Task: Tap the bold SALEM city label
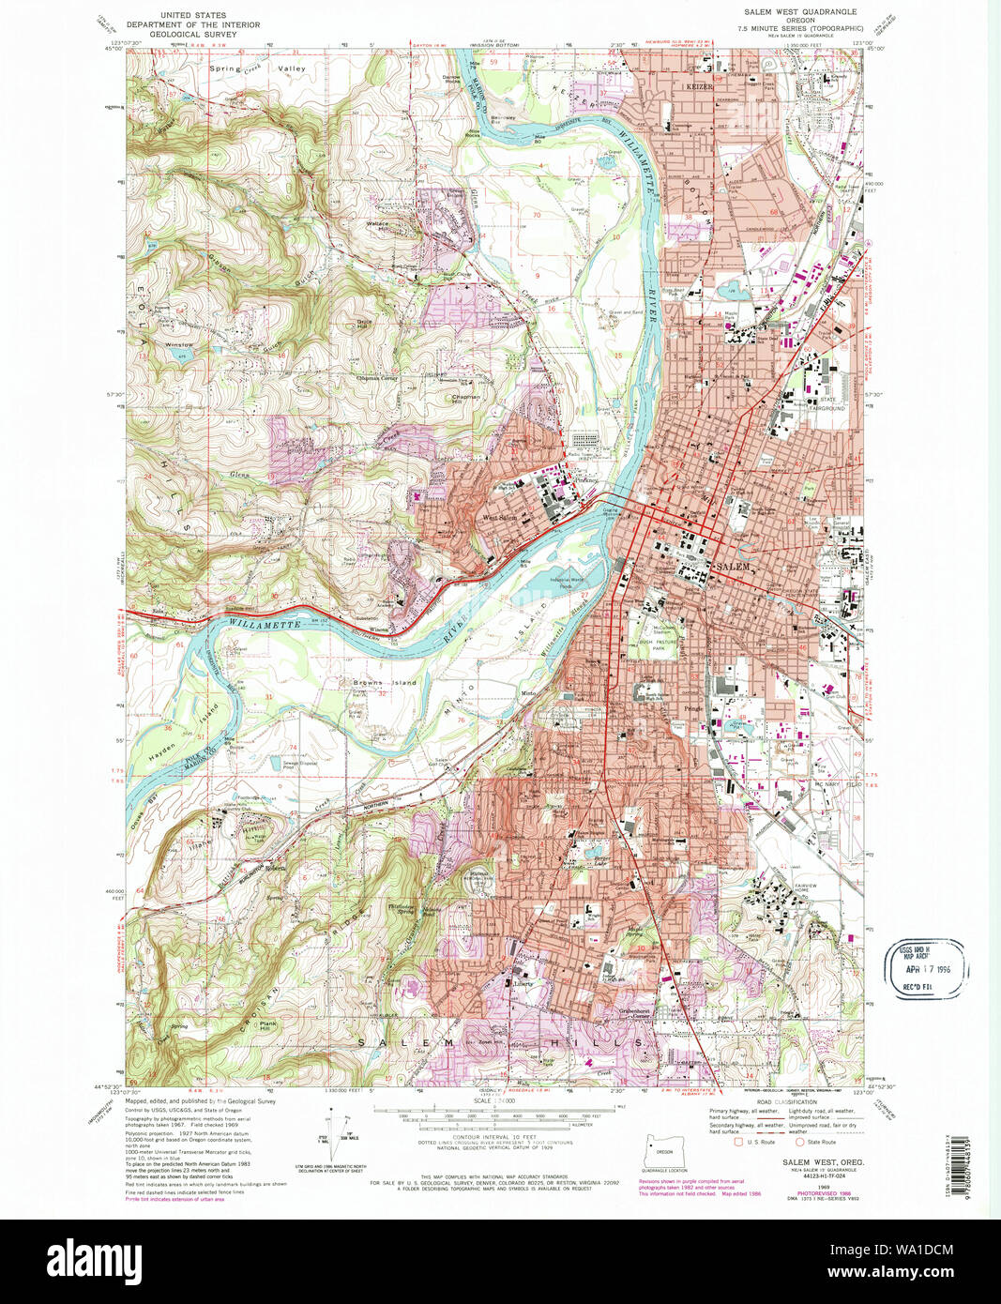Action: tap(733, 568)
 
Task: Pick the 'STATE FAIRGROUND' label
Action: tap(827, 404)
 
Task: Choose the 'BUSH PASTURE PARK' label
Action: tap(664, 644)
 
